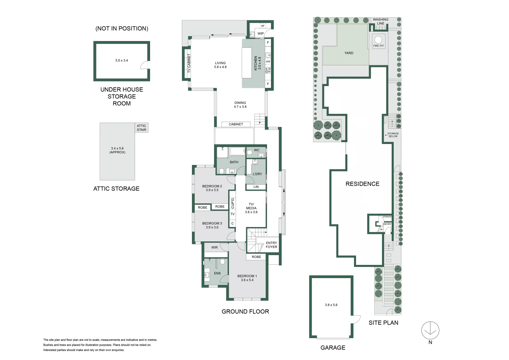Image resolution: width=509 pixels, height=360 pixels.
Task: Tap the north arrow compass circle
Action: [430, 330]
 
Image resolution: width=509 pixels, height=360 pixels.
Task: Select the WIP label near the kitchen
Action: [261, 33]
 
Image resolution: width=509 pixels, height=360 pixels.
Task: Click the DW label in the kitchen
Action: [268, 62]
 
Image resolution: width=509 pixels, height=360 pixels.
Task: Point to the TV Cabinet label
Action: [189, 63]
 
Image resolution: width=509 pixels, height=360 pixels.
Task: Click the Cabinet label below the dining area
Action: [236, 124]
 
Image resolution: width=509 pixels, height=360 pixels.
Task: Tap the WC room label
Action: [257, 150]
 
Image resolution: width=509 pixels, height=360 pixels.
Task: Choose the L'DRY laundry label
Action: [257, 174]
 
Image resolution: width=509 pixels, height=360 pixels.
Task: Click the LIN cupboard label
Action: [256, 187]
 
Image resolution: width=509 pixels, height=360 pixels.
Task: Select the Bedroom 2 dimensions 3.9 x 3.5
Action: [212, 190]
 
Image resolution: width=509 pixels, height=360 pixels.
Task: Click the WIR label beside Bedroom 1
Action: [214, 248]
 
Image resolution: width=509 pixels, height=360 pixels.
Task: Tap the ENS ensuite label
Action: [217, 273]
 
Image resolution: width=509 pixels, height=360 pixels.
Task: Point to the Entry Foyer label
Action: [271, 245]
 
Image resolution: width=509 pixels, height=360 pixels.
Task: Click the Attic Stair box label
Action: [141, 128]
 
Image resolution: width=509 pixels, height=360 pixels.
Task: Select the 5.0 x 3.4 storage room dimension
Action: [122, 61]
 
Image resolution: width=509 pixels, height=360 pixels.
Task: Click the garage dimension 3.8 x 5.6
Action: [331, 305]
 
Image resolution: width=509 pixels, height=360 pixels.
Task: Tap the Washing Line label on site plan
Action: [380, 21]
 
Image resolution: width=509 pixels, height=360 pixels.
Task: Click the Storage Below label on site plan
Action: [393, 135]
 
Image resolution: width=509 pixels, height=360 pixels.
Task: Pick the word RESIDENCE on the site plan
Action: [362, 184]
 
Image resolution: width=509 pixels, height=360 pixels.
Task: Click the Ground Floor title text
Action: [245, 312]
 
